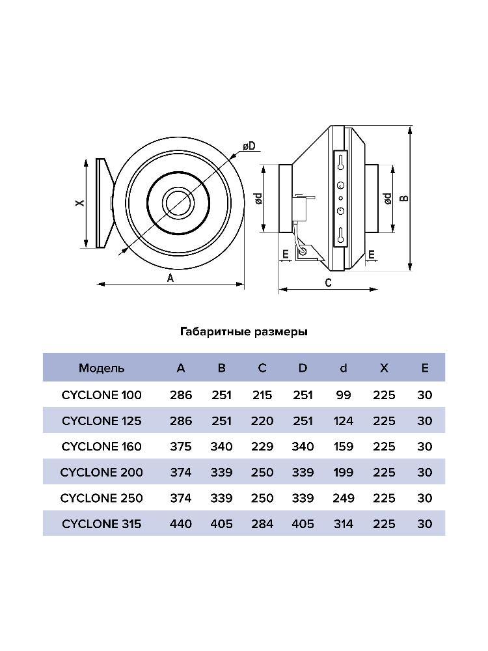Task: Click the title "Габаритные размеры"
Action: [x=243, y=332]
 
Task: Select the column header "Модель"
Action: [x=102, y=368]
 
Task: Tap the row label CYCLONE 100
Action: [x=102, y=395]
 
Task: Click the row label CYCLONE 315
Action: [x=102, y=523]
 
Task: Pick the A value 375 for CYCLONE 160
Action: [x=181, y=447]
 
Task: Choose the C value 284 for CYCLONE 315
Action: [x=262, y=523]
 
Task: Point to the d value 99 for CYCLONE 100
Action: [x=344, y=395]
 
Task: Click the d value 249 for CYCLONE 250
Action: [x=344, y=498]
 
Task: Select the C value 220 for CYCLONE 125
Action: [x=262, y=421]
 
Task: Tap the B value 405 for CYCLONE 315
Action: [x=222, y=523]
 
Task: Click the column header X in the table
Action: [x=384, y=368]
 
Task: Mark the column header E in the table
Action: [x=425, y=368]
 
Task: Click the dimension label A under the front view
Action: [x=170, y=278]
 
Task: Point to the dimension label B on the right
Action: [x=403, y=198]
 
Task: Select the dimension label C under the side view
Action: [x=329, y=283]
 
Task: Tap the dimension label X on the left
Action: [x=79, y=203]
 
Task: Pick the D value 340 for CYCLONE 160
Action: [x=303, y=447]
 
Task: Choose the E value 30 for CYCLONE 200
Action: [x=425, y=472]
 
